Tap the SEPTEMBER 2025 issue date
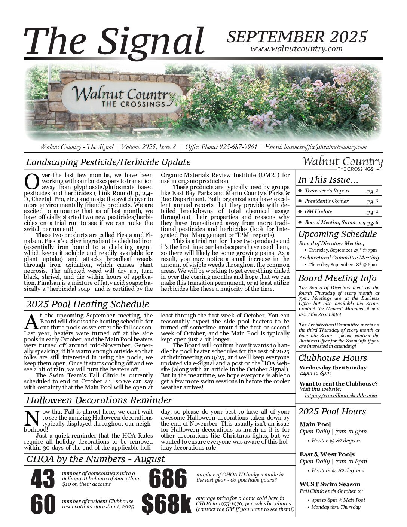pyautogui.click(x=297, y=37)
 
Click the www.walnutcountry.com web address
pyautogui.click(x=296, y=49)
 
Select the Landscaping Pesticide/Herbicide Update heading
pyautogui.click(x=108, y=162)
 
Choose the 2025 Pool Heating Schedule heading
pyautogui.click(x=88, y=304)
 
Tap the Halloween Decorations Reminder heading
pyautogui.click(x=99, y=400)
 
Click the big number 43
pyautogui.click(x=43, y=479)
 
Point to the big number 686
pyautogui.click(x=168, y=479)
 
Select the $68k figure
pyautogui.click(x=166, y=504)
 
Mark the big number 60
pyautogui.click(x=43, y=504)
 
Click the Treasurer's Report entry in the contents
pyautogui.click(x=327, y=191)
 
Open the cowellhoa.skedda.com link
pyautogui.click(x=341, y=395)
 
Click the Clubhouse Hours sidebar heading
pyautogui.click(x=333, y=357)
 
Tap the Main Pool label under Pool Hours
pyautogui.click(x=315, y=424)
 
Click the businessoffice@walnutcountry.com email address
pyautogui.click(x=325, y=147)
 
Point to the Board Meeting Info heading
pyautogui.click(x=337, y=278)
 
